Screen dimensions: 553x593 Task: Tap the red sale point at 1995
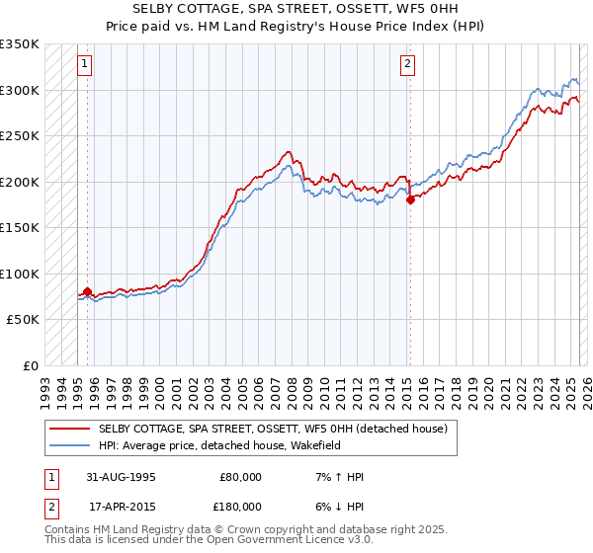(x=88, y=292)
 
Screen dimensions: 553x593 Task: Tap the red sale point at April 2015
(x=410, y=199)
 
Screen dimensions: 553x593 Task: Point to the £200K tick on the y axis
(x=20, y=182)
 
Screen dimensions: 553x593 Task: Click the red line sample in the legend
(x=70, y=429)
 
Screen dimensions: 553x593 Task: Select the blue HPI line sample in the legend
(x=70, y=445)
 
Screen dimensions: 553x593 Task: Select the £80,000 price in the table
(x=241, y=477)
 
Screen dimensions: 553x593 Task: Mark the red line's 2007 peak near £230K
(x=288, y=152)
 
